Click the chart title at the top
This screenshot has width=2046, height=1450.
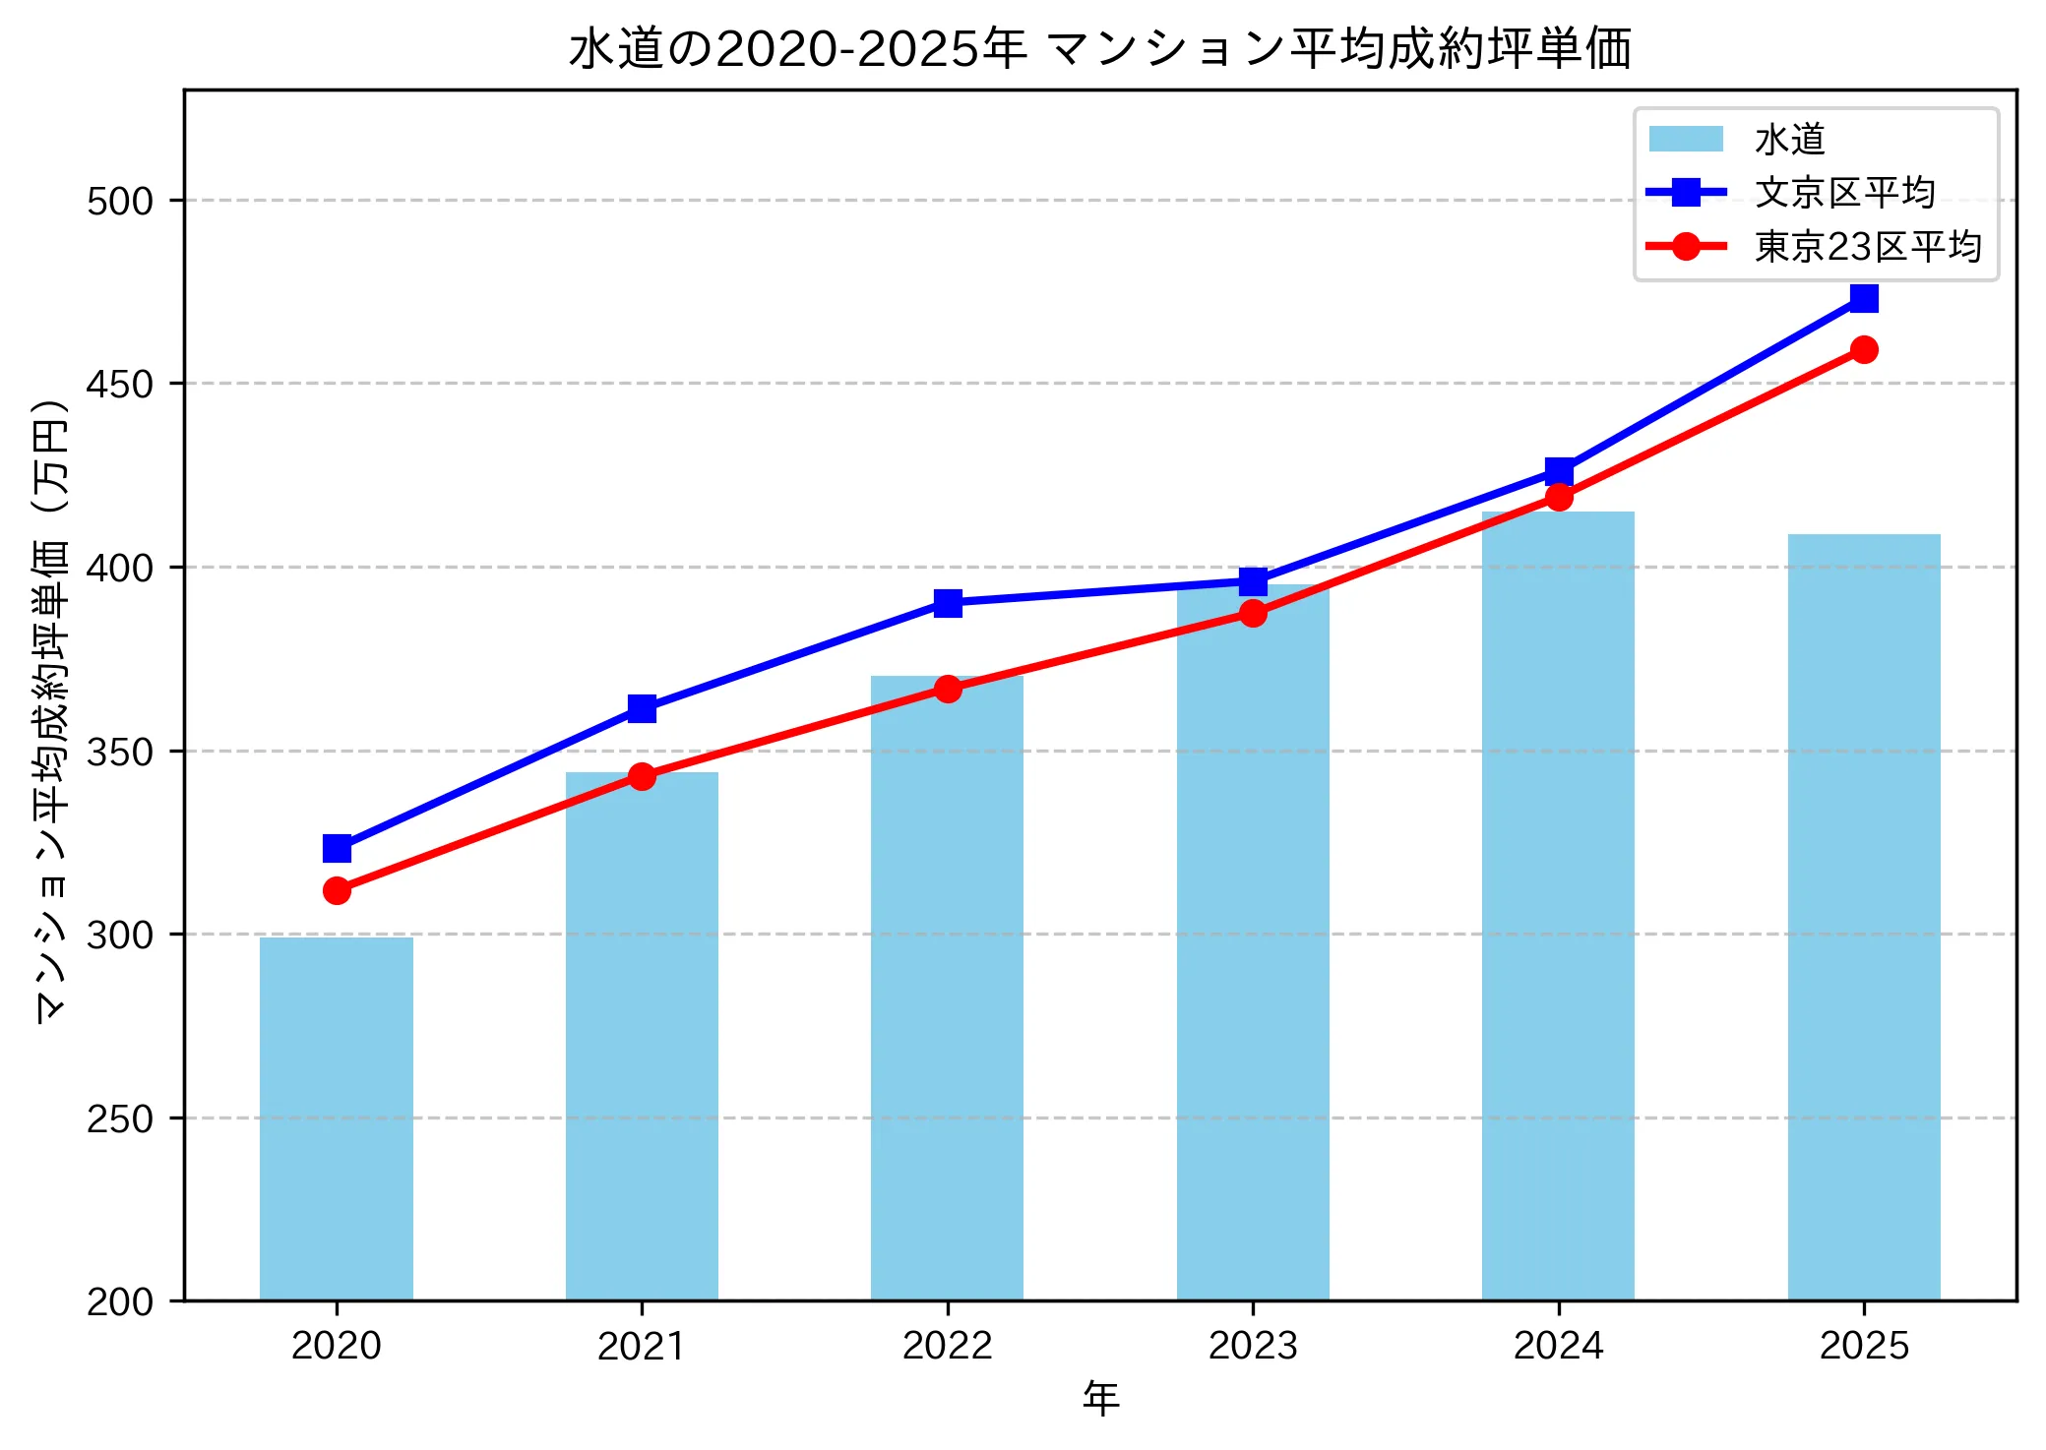point(1099,49)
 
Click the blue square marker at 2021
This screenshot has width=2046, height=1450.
point(642,708)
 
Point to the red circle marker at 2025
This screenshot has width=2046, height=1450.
point(1863,349)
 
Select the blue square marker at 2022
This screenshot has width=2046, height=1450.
point(947,603)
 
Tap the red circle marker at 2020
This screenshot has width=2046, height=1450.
point(337,890)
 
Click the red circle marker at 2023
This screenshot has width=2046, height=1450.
point(1253,614)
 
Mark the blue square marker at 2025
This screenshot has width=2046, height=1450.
point(1863,298)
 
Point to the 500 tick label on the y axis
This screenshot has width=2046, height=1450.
point(120,201)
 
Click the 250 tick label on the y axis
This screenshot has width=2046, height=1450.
point(120,1118)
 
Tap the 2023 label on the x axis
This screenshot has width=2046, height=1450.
point(1253,1346)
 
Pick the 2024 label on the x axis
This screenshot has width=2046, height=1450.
point(1558,1346)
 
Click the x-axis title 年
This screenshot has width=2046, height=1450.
point(1100,1399)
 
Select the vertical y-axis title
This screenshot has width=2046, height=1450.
point(51,710)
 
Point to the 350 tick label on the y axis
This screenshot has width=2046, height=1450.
point(120,752)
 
